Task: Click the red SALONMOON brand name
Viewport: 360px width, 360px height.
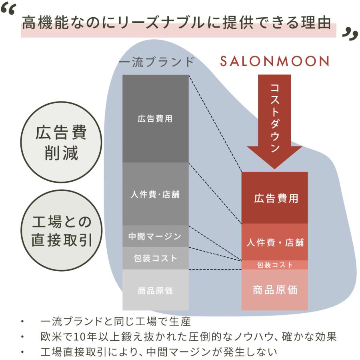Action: [274, 61]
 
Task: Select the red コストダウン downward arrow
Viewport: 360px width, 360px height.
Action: [274, 122]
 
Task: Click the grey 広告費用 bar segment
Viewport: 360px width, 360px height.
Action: [156, 119]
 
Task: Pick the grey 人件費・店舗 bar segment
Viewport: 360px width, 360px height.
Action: [156, 194]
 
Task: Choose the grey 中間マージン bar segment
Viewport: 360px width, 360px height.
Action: [156, 236]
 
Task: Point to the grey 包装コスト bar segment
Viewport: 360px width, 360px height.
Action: [156, 258]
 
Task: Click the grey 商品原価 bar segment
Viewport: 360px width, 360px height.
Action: [156, 290]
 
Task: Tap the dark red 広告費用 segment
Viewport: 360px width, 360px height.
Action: [274, 198]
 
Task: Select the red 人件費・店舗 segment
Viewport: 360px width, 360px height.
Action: [274, 242]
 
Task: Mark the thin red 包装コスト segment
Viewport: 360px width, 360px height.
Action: [274, 265]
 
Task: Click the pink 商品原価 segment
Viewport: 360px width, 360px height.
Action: [274, 290]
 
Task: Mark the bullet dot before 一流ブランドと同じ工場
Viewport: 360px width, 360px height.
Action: [22, 322]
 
